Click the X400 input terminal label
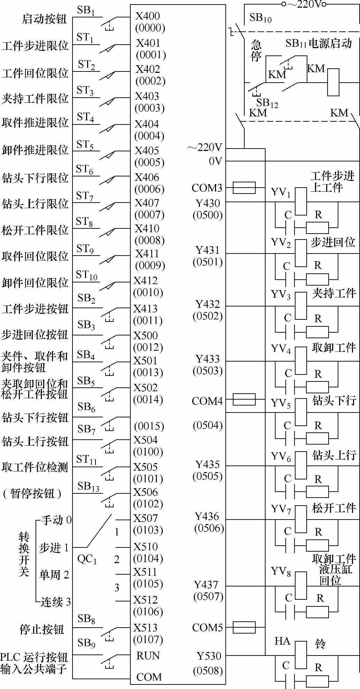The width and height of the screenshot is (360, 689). [x=148, y=16]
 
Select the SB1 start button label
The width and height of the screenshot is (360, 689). [x=86, y=10]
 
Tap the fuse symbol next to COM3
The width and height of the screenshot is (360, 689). [x=244, y=188]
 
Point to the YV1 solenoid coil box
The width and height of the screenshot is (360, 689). [x=301, y=201]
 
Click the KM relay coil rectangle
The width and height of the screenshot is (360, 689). [x=333, y=82]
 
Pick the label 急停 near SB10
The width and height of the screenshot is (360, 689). [x=256, y=51]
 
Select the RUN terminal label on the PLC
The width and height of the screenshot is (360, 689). [x=148, y=656]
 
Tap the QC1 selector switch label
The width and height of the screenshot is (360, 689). [x=87, y=559]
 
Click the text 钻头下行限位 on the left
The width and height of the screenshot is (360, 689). [x=35, y=178]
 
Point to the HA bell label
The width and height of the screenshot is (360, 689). [x=282, y=641]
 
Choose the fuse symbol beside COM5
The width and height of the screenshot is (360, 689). [x=244, y=628]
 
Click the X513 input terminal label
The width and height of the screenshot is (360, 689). [x=146, y=628]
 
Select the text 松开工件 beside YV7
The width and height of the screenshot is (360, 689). [x=334, y=508]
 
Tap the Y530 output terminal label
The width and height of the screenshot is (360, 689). [x=209, y=656]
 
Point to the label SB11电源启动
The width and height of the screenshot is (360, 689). [x=319, y=44]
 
